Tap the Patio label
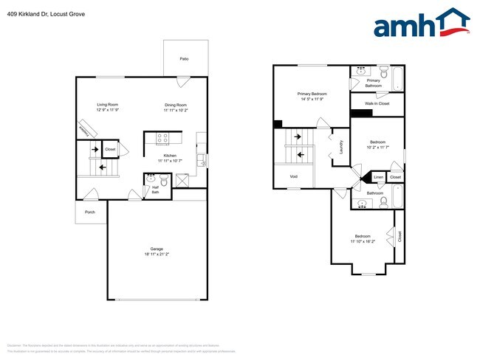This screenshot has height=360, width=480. pyautogui.click(x=184, y=58)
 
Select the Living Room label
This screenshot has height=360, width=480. pyautogui.click(x=108, y=105)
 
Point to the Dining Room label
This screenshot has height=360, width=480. pyautogui.click(x=176, y=105)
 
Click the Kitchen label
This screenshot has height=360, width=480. pyautogui.click(x=170, y=156)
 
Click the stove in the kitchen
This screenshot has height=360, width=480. pyautogui.click(x=163, y=137)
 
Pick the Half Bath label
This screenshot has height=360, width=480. pyautogui.click(x=155, y=189)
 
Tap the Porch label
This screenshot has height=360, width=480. pyautogui.click(x=90, y=212)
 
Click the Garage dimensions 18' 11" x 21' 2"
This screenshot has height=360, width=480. pyautogui.click(x=156, y=255)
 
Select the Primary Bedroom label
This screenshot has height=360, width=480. pyautogui.click(x=312, y=94)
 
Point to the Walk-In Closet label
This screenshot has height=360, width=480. pyautogui.click(x=378, y=104)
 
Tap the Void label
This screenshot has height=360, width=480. pyautogui.click(x=294, y=177)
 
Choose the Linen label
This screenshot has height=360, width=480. pyautogui.click(x=378, y=177)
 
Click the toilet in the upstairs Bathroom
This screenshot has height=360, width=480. pyautogui.click(x=384, y=201)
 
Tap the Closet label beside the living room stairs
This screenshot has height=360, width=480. pyautogui.click(x=110, y=150)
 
